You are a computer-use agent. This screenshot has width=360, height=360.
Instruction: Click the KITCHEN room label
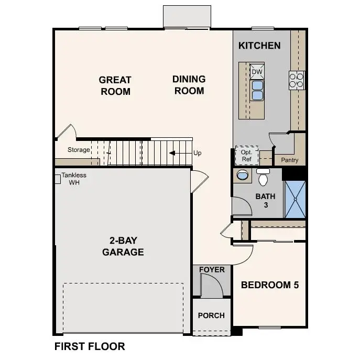(x=259, y=46)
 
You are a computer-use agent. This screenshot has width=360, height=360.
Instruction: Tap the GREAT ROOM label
(x=115, y=85)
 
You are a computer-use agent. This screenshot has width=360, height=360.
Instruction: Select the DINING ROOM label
(x=189, y=85)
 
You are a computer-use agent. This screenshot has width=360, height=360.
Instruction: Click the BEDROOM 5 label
(x=269, y=285)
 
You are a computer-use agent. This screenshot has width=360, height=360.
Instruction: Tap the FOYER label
(x=212, y=270)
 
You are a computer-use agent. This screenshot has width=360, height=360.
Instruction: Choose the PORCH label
(x=211, y=315)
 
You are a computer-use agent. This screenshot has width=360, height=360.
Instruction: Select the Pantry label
(x=290, y=160)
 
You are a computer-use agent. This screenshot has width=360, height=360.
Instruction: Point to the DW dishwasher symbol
(x=257, y=71)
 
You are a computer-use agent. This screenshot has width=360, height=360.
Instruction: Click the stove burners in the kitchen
(x=296, y=79)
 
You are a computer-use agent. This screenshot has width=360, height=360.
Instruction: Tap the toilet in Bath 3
(x=263, y=178)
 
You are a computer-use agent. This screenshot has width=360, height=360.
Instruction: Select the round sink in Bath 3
(x=243, y=174)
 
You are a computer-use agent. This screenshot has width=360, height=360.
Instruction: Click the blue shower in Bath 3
(x=294, y=199)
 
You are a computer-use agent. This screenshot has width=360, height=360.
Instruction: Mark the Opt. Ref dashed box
(x=246, y=155)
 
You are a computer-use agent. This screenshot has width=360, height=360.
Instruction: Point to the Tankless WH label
(x=73, y=179)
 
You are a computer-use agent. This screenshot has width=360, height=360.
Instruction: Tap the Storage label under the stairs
(x=79, y=150)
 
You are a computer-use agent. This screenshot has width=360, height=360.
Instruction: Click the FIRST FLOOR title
(x=90, y=346)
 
